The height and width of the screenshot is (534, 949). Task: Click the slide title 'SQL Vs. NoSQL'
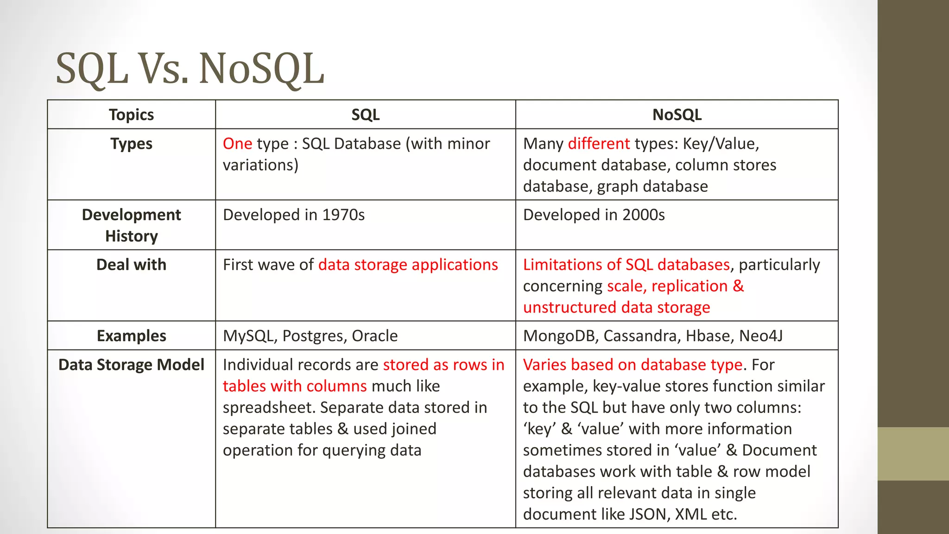point(190,69)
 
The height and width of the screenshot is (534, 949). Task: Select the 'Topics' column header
point(131,114)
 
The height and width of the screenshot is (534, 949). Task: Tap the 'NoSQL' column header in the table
point(677,114)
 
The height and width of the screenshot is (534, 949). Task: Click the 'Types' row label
point(131,144)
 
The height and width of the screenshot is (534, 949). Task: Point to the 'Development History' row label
point(131,225)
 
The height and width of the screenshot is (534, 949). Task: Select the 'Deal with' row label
point(131,265)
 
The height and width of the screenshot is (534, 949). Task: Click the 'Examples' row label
point(131,336)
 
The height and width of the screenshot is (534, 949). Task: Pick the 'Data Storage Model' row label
point(131,365)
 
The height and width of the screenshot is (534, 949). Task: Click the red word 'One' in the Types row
point(237,144)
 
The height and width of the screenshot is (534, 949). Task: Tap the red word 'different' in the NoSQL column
point(599,144)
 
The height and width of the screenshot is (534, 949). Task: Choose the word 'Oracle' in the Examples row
point(374,336)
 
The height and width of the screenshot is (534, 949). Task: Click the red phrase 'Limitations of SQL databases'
point(626,265)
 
